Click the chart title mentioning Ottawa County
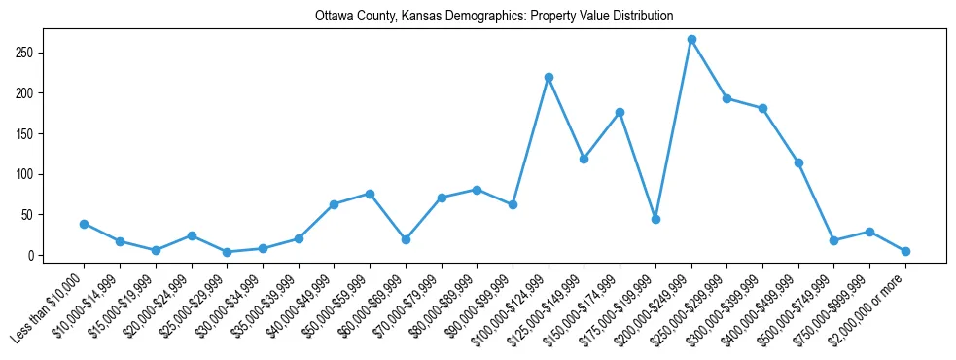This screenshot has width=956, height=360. (494, 16)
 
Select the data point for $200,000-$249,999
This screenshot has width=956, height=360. (691, 39)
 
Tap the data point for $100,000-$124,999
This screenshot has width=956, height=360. (549, 77)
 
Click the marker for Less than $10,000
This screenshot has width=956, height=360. (84, 224)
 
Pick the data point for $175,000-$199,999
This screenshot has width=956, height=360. (655, 219)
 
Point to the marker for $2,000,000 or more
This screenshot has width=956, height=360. (905, 251)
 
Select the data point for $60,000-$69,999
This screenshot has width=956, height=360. (406, 239)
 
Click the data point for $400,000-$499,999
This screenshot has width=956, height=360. (798, 162)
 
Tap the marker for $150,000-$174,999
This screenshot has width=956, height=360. (620, 112)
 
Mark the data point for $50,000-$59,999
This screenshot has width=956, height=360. (370, 194)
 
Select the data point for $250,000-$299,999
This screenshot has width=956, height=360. (726, 98)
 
